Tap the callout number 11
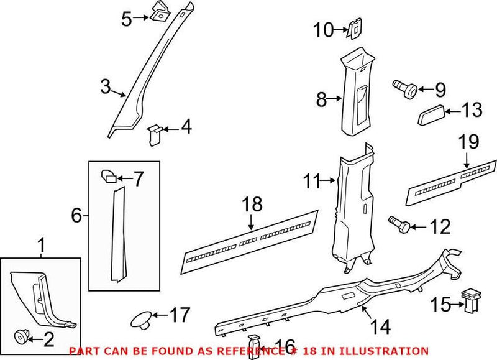(x=313, y=182)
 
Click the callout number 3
(x=106, y=86)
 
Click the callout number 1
(x=42, y=246)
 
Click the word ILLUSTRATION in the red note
(x=388, y=351)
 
